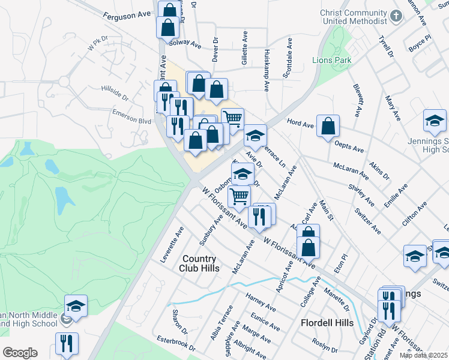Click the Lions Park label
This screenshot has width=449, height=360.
point(331,60)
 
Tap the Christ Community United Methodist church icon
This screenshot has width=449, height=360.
point(396,16)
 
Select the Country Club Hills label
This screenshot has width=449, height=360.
point(200,263)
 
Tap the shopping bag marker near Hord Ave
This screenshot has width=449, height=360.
point(328,126)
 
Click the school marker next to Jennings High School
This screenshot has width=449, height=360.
point(435,121)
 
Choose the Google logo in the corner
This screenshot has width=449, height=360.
point(20,352)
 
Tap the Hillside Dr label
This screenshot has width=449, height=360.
point(115,94)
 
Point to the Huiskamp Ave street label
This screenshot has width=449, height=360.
point(266,70)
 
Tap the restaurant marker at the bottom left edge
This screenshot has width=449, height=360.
point(67,344)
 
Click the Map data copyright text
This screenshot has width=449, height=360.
point(423,355)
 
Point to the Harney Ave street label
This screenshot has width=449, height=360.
point(261,301)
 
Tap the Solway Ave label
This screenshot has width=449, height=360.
point(185,42)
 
